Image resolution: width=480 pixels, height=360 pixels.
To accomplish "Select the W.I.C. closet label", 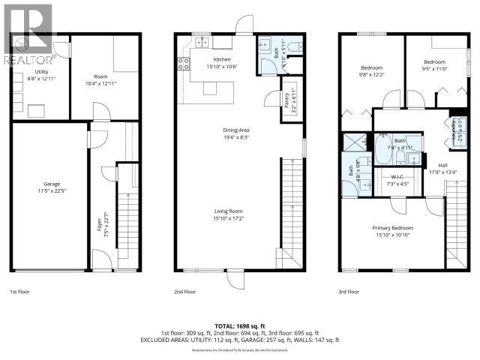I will point(397,180).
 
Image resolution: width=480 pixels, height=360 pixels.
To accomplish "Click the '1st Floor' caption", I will point(20,291).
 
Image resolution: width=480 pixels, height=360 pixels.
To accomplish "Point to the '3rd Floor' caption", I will point(348,291).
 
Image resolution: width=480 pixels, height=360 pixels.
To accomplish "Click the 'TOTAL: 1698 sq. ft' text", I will point(240,324).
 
